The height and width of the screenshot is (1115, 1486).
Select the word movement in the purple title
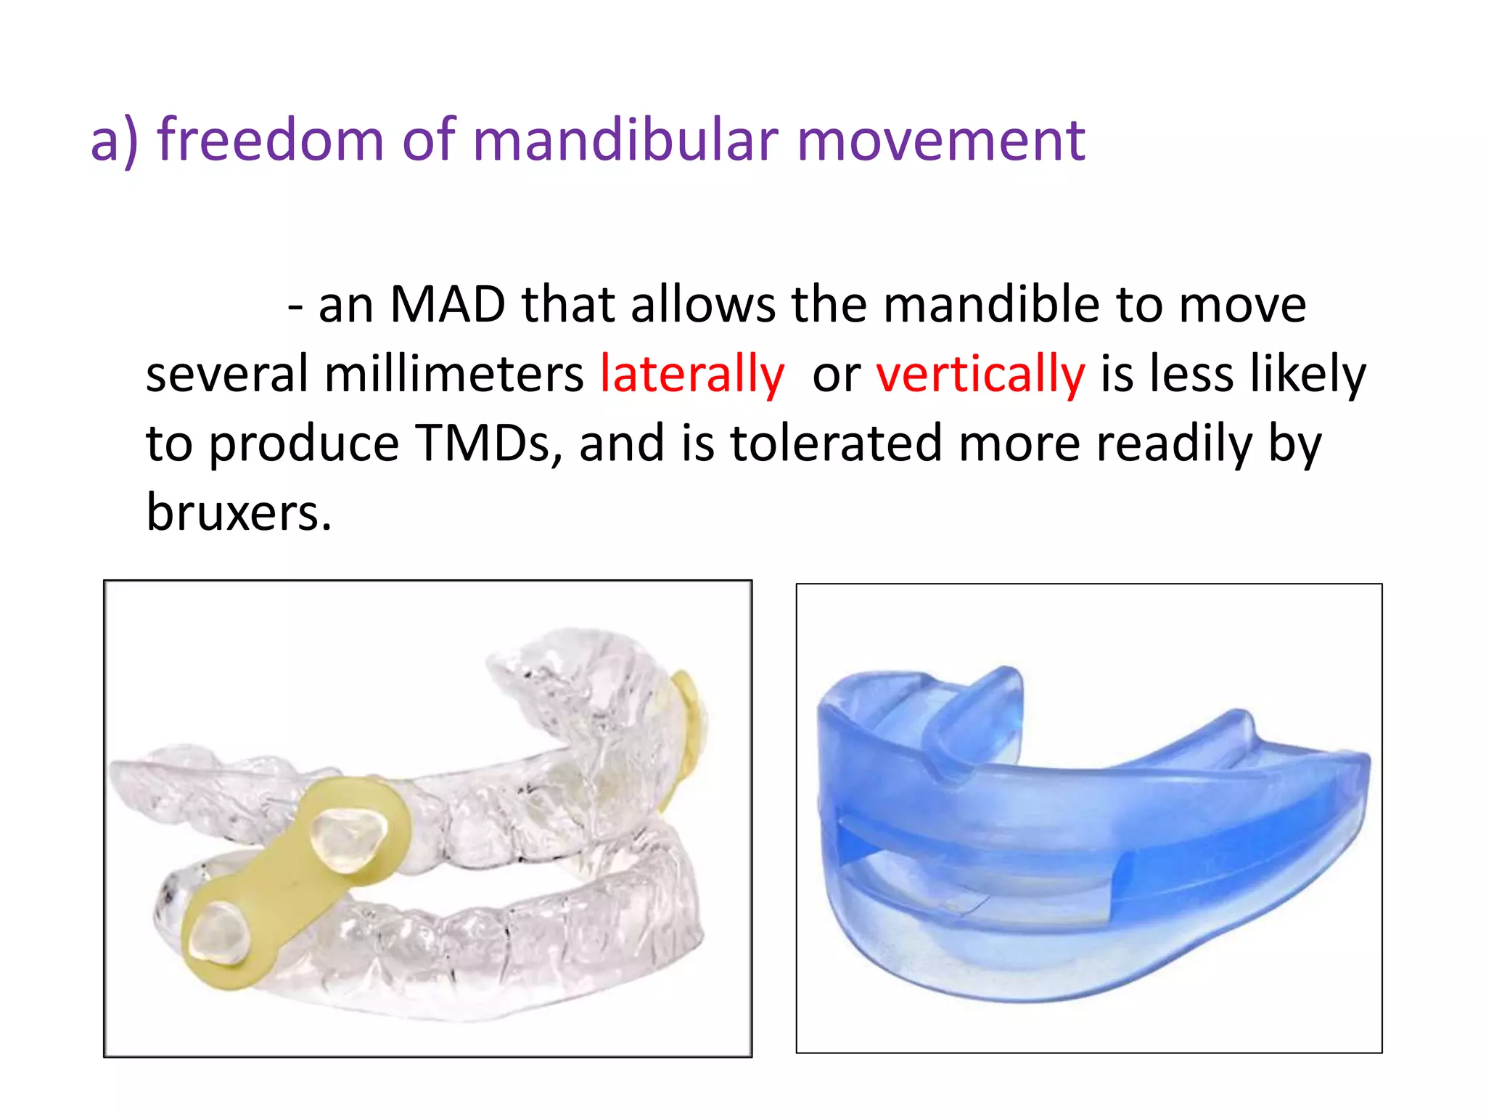click(941, 139)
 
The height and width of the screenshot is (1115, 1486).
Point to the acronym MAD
click(448, 304)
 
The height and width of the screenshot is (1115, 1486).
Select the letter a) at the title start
click(114, 139)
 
